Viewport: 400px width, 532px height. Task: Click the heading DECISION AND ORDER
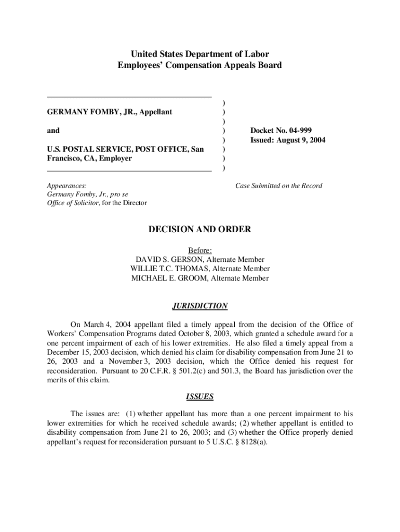point(200,229)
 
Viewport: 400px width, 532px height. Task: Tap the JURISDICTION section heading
point(200,306)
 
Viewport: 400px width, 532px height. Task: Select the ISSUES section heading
point(200,397)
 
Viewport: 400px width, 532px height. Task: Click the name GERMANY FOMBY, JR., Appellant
point(110,112)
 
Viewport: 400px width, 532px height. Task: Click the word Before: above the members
point(200,250)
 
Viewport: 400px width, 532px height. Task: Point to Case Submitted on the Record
point(278,185)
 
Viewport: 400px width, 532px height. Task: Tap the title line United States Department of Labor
point(200,54)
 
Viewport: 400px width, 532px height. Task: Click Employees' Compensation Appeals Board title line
point(200,65)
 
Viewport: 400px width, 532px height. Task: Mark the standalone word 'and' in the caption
point(53,130)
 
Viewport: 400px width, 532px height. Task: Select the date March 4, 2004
point(104,325)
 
